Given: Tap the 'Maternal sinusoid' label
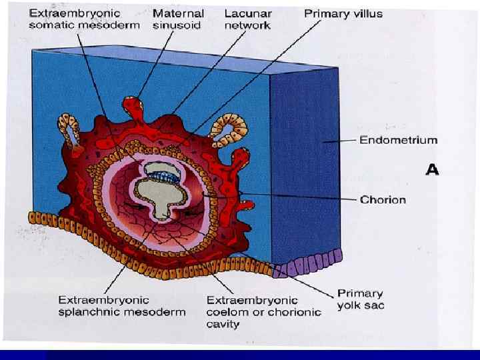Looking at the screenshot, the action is tap(179, 19).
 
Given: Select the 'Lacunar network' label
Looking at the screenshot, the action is tap(247, 19).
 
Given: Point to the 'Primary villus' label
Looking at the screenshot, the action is tap(344, 13).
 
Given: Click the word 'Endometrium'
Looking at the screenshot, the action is tap(399, 140).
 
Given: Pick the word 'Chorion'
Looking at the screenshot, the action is tap(383, 199).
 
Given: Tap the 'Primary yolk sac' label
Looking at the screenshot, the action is tap(360, 299).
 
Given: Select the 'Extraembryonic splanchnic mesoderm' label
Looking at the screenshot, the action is tap(121, 306).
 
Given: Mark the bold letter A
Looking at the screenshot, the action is tap(433, 170).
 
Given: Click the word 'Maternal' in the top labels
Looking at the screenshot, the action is tap(179, 13).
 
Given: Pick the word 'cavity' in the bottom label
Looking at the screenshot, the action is tap(223, 323).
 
